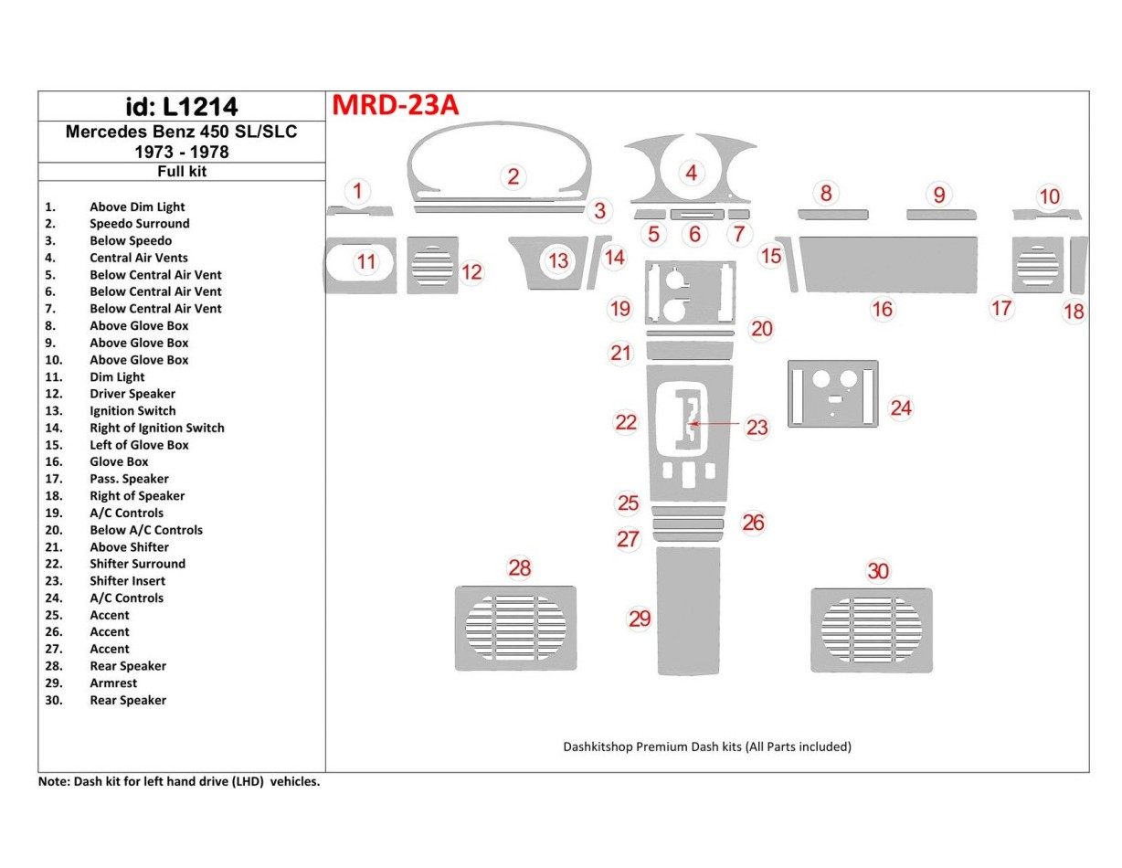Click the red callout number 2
[513, 177]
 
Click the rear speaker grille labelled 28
[515, 628]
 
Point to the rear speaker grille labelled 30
[872, 630]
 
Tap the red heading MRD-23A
[395, 106]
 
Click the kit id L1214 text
[181, 107]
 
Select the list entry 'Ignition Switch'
[132, 410]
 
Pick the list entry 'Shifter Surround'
[137, 564]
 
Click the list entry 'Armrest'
[113, 683]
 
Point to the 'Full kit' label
[181, 171]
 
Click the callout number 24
[901, 408]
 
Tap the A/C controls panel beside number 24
[832, 394]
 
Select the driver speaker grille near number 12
[432, 265]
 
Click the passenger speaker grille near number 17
[1037, 265]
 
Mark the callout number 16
[882, 310]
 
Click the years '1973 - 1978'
[181, 151]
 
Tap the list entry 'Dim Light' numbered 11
[117, 376]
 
